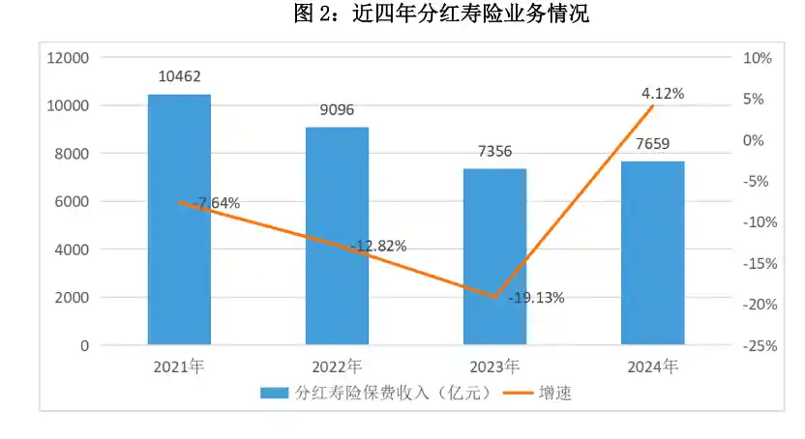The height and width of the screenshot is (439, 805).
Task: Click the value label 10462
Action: [x=179, y=76]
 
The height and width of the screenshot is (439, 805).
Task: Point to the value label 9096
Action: [x=337, y=109]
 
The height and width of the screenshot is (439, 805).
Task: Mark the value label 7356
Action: [x=494, y=151]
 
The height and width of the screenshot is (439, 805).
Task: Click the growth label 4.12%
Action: [x=663, y=94]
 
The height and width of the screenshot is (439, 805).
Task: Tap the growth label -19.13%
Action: [x=534, y=298]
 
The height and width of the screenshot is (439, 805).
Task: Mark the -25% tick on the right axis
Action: [x=755, y=345]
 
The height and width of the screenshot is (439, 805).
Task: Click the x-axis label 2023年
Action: [x=494, y=367]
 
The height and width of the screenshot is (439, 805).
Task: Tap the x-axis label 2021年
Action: [x=179, y=367]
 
